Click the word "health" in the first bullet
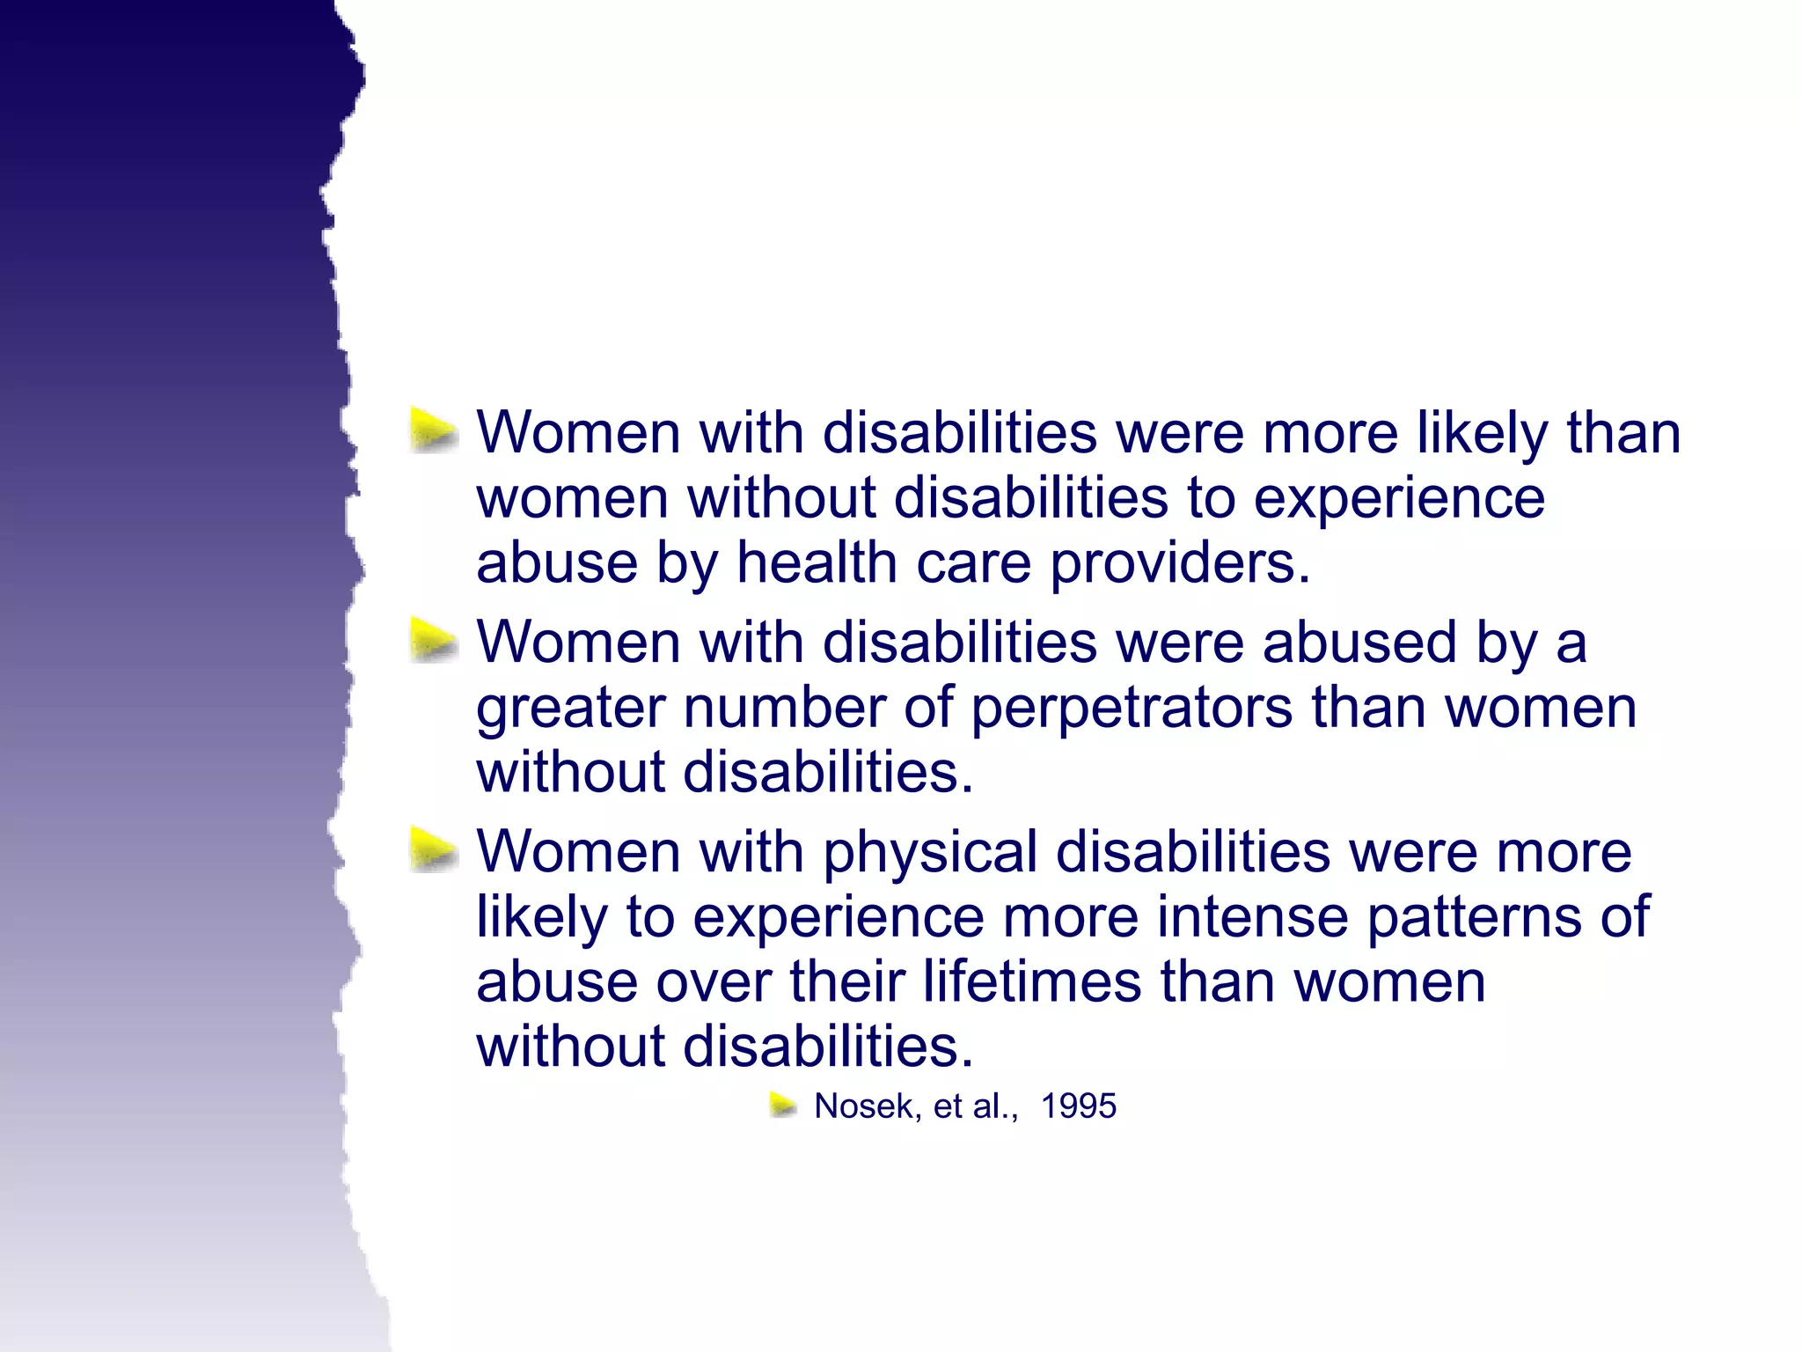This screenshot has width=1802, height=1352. click(817, 562)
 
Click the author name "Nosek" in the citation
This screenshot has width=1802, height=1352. click(867, 1106)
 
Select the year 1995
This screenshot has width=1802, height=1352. click(1079, 1106)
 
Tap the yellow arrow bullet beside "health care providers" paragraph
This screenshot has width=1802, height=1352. click(434, 431)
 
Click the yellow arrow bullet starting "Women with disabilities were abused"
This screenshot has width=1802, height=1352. click(434, 640)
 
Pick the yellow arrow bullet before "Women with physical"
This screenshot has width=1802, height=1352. click(434, 850)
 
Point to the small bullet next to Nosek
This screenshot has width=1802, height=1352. click(783, 1105)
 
